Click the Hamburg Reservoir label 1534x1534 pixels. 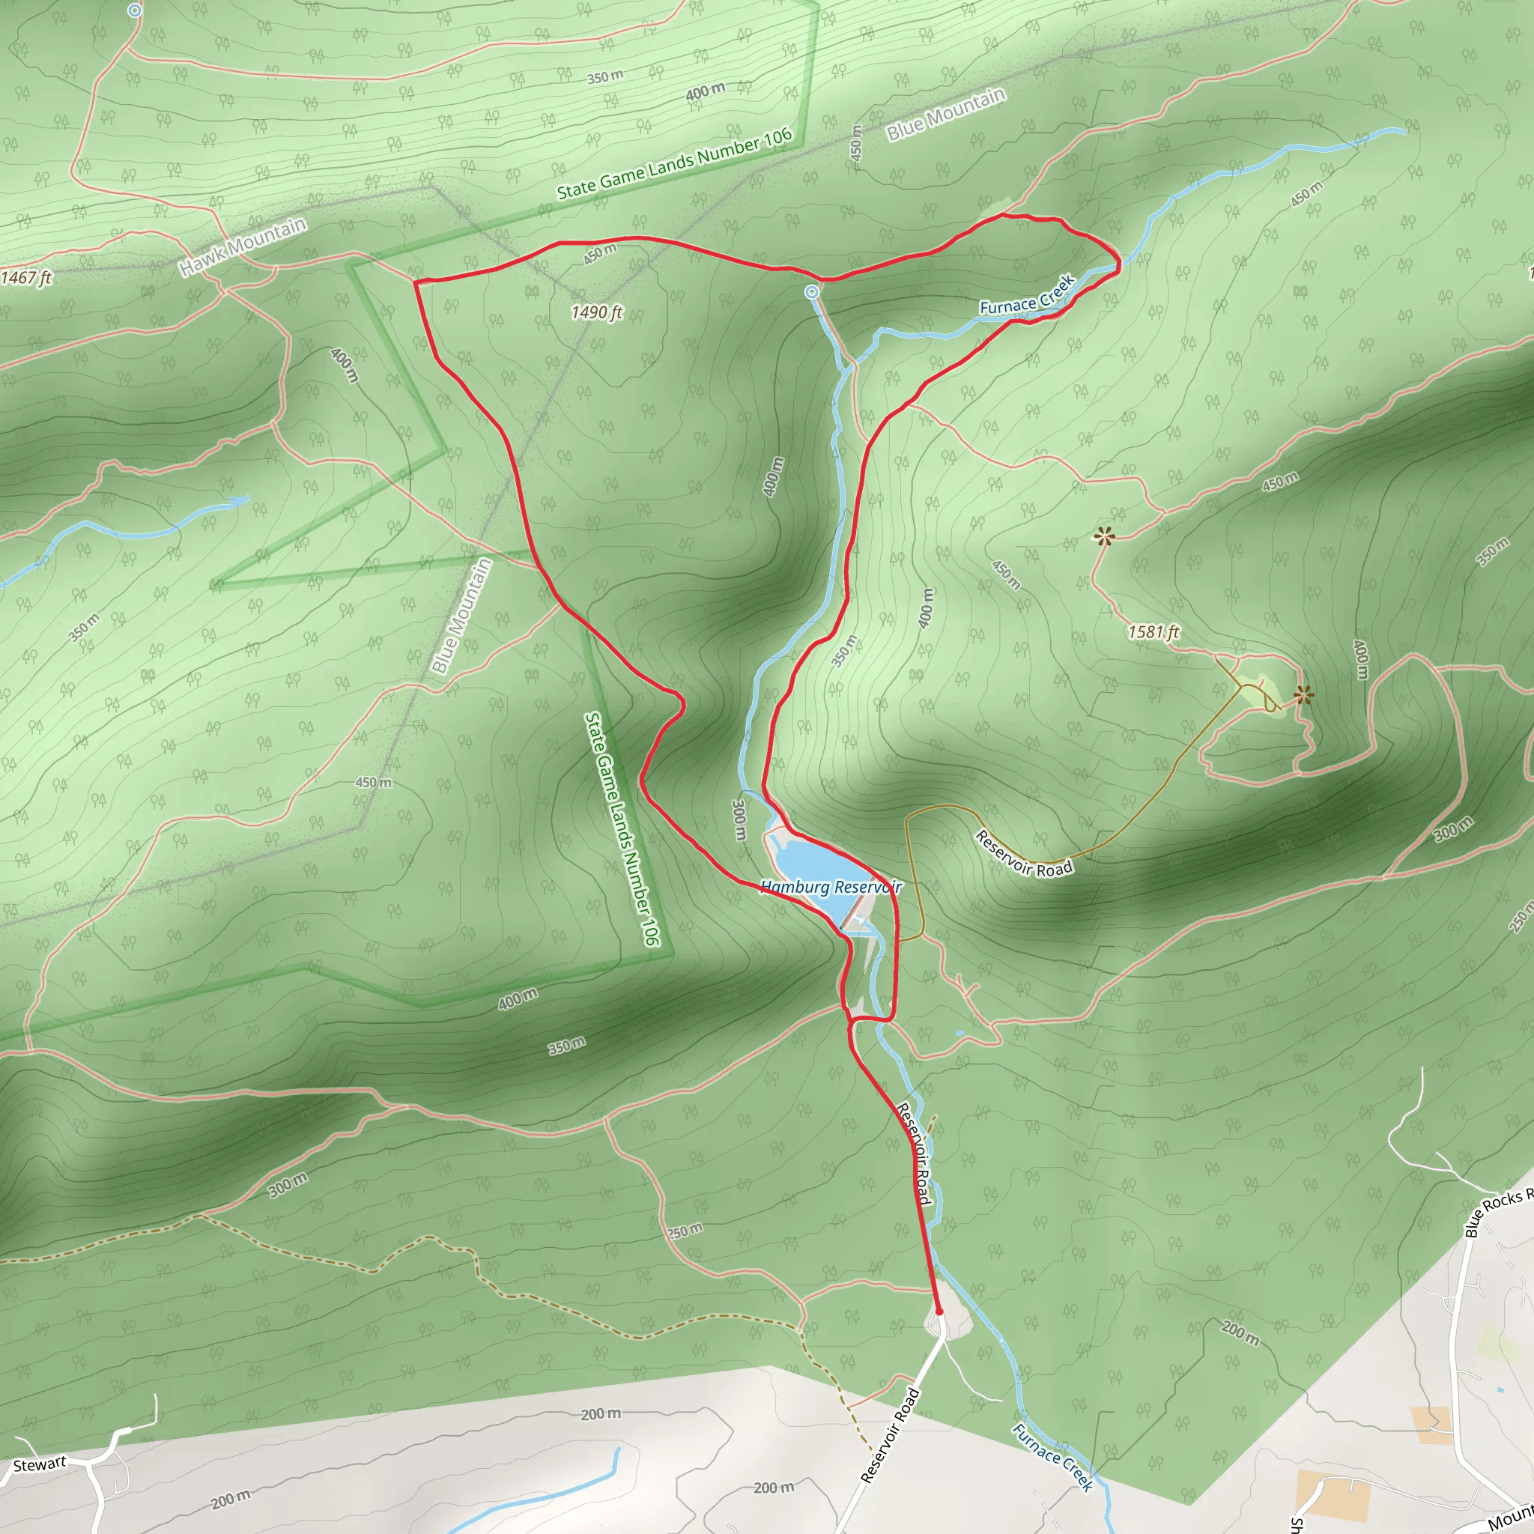tap(831, 887)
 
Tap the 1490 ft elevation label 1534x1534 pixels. tap(596, 313)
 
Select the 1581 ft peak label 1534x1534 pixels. tap(1153, 632)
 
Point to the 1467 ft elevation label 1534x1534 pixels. tap(26, 277)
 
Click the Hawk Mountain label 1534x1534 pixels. tap(242, 247)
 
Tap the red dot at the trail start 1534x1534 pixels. tap(939, 1312)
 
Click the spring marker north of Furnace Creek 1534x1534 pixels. tap(811, 292)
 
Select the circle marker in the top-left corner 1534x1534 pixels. tap(135, 10)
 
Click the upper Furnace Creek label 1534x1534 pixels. tap(1028, 294)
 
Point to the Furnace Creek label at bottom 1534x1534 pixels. tap(1053, 1457)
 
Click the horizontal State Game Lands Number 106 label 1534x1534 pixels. tap(674, 163)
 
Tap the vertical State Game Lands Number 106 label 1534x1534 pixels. tap(622, 829)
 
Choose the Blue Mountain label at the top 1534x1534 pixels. tap(947, 115)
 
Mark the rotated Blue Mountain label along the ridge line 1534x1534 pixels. tap(461, 616)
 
